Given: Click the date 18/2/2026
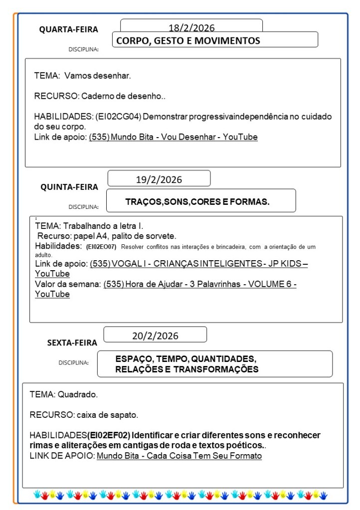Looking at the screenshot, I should (x=191, y=27).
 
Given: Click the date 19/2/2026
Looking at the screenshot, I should (x=159, y=179).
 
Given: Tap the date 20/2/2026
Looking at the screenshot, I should (x=155, y=336).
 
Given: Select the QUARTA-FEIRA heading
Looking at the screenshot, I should (x=69, y=29).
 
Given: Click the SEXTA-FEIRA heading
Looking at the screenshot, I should (x=72, y=342).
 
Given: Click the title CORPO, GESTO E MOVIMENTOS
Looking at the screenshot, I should (x=188, y=41).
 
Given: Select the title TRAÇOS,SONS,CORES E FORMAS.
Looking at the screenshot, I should (x=197, y=201).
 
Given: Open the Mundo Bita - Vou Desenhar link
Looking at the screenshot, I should (x=173, y=137).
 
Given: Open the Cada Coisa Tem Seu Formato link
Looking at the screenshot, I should (x=179, y=456).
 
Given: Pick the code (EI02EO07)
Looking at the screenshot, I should (x=101, y=247).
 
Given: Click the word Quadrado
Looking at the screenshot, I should (x=78, y=394).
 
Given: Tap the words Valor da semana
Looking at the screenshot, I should (x=68, y=284).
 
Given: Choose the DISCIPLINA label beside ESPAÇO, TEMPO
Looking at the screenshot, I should (x=73, y=362).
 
